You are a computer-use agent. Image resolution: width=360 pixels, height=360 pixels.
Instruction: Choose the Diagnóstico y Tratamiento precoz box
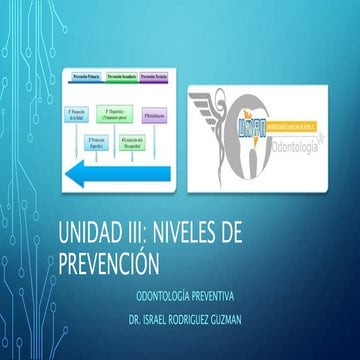click(118, 113)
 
